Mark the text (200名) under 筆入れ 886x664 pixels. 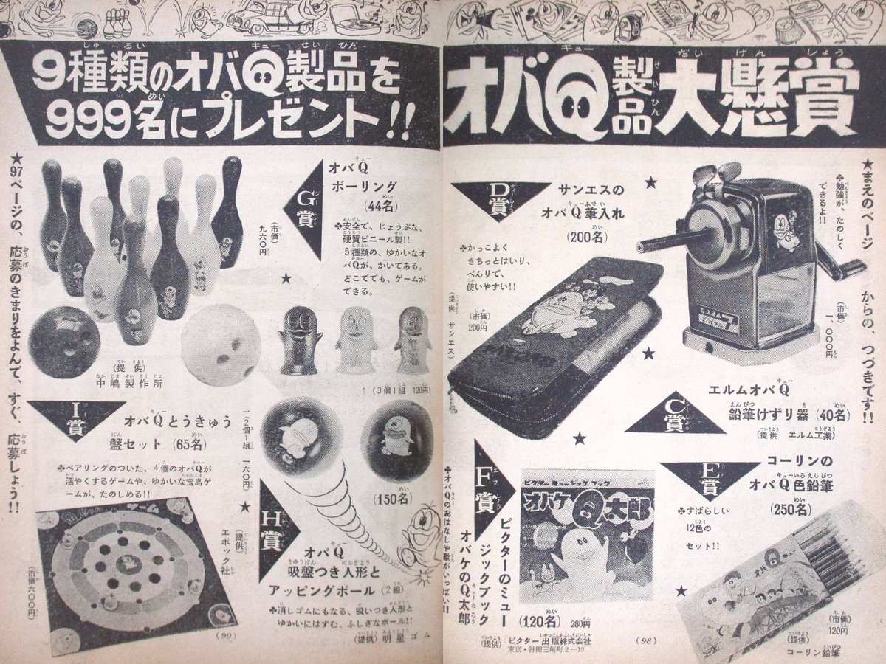pyautogui.click(x=588, y=237)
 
